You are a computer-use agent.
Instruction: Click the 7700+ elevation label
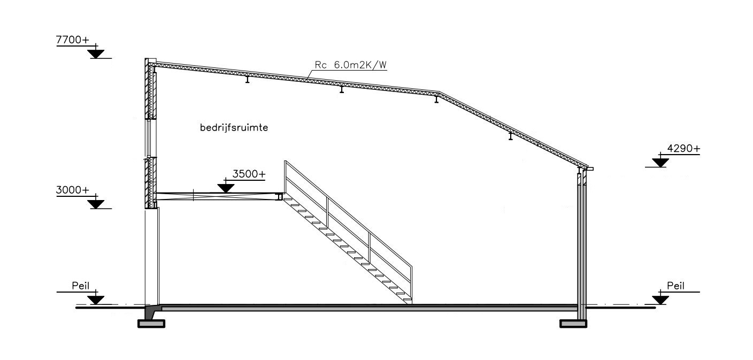73,40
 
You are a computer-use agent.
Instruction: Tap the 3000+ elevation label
73,190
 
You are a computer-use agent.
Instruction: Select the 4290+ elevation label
684,148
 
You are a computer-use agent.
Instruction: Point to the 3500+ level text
249,174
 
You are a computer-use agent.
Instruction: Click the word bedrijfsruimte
234,128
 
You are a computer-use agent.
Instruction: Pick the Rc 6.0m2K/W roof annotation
351,65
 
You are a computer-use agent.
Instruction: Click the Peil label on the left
81,286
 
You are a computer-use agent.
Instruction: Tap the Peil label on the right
675,286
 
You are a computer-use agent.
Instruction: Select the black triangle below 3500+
226,188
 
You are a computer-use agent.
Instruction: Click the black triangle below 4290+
660,163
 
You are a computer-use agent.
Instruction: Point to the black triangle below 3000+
96,204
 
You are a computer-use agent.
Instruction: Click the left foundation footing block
151,324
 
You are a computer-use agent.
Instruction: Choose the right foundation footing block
573,324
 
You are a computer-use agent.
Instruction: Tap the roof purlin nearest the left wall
248,79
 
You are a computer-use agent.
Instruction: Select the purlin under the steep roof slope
511,136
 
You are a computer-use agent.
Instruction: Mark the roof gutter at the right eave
590,168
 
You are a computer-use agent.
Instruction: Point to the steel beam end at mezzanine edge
280,197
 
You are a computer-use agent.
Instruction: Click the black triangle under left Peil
96,300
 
